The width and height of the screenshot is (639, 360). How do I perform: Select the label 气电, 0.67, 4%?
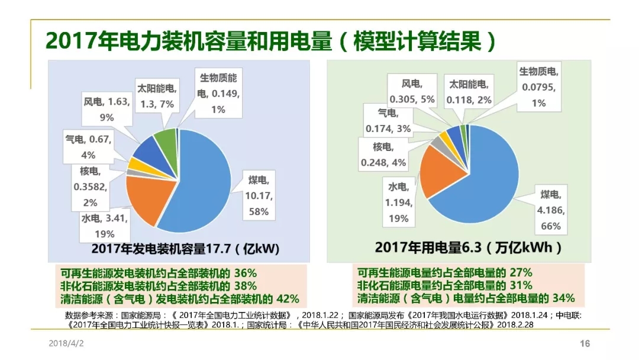pos(88,146)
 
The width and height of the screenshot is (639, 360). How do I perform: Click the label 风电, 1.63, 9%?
pos(107,109)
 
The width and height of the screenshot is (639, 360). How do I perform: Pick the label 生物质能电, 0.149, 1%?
pos(218,93)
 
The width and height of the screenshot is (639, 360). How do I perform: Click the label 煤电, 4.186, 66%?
pos(549,210)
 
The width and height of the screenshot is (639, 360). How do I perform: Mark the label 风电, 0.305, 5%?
pos(412,91)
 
